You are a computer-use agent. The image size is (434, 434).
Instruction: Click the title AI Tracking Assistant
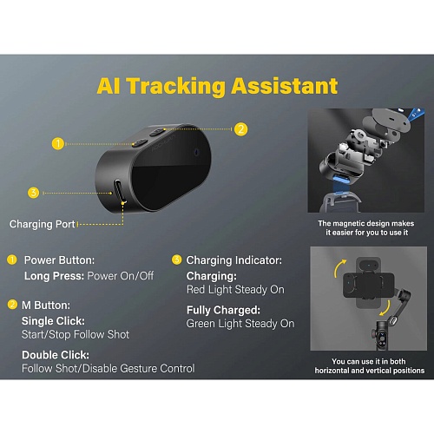click(217, 86)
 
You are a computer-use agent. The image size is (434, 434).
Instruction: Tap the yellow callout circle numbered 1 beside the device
click(58, 143)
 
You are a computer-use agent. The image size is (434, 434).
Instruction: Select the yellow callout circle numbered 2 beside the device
click(241, 129)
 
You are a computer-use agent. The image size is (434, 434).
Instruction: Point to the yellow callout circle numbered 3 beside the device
click(34, 193)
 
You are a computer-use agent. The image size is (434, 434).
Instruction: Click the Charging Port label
click(43, 224)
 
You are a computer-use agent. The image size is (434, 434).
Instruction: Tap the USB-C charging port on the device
click(119, 191)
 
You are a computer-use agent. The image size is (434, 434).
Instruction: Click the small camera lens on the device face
click(197, 152)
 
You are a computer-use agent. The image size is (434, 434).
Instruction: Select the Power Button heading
click(59, 260)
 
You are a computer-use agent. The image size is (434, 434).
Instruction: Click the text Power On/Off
click(121, 276)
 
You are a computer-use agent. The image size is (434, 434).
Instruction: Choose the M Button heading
click(46, 305)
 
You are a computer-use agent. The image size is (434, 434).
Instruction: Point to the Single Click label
click(53, 321)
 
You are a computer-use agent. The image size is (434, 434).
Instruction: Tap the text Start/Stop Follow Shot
click(76, 334)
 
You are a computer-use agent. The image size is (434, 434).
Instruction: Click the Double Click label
click(56, 355)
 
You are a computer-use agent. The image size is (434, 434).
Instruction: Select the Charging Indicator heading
click(234, 260)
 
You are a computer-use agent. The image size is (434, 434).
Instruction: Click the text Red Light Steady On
click(235, 289)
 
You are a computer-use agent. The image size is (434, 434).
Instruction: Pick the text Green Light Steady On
click(240, 323)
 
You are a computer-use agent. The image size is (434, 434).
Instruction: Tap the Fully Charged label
click(223, 310)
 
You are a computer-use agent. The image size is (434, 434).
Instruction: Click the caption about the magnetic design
click(366, 228)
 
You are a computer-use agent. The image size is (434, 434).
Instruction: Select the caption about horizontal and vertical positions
click(370, 365)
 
